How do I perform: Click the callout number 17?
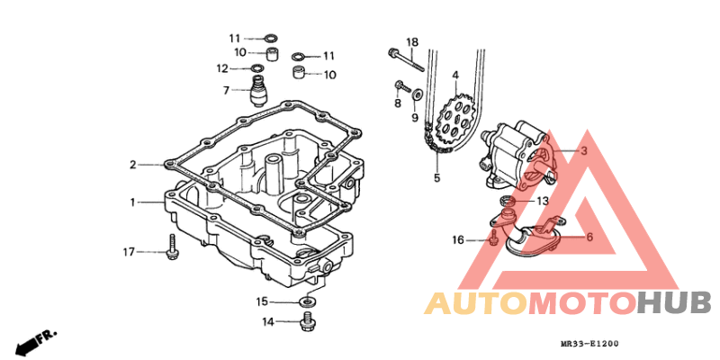coord(128,252)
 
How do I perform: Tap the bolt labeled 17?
coord(172,245)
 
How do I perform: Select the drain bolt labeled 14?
coord(306,321)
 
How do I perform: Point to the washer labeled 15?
coord(307,301)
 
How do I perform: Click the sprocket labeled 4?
coord(456,118)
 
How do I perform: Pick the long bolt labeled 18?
coord(406,59)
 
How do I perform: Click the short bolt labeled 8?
coord(401,86)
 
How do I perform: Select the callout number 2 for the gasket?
coord(132,165)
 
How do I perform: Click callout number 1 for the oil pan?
coord(132,202)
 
